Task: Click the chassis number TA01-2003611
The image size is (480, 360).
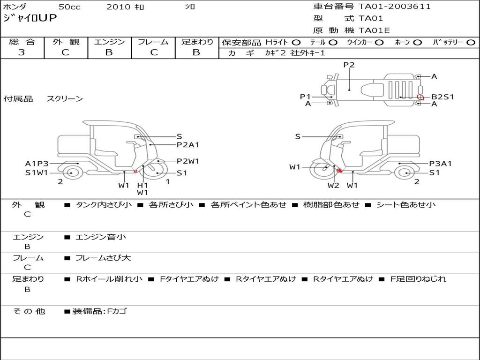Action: coord(395,7)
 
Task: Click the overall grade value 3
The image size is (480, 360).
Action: coord(22,52)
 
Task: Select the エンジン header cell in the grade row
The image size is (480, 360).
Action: coord(109,42)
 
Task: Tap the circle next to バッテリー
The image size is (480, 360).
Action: coord(471,43)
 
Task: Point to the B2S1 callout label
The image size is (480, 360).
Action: coord(442,97)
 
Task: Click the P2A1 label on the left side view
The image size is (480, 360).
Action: coord(188,145)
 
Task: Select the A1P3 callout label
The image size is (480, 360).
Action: coord(37,164)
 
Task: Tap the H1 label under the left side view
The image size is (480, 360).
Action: coord(142,185)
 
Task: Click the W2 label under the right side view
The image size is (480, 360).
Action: coord(333,185)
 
